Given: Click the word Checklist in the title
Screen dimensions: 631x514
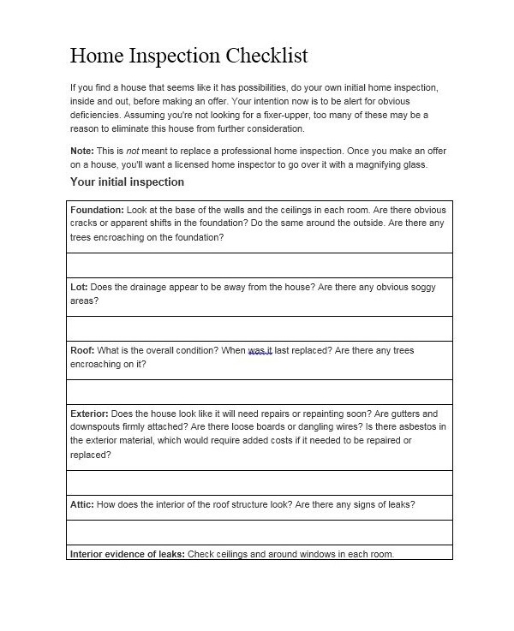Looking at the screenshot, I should coord(266,57).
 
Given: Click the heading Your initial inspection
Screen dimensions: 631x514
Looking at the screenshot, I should coord(127,182).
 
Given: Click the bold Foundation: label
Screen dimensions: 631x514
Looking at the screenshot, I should coord(97,210).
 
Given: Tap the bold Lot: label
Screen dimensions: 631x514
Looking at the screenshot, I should coord(79,288).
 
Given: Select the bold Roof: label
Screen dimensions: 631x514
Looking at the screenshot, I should coord(82,350).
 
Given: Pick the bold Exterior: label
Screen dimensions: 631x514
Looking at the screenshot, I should coord(89,414).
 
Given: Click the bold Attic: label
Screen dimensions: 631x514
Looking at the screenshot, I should coord(82,504).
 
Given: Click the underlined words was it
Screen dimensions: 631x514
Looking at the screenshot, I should coord(260,350).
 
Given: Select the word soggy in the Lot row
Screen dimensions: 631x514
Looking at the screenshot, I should coord(420,288).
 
